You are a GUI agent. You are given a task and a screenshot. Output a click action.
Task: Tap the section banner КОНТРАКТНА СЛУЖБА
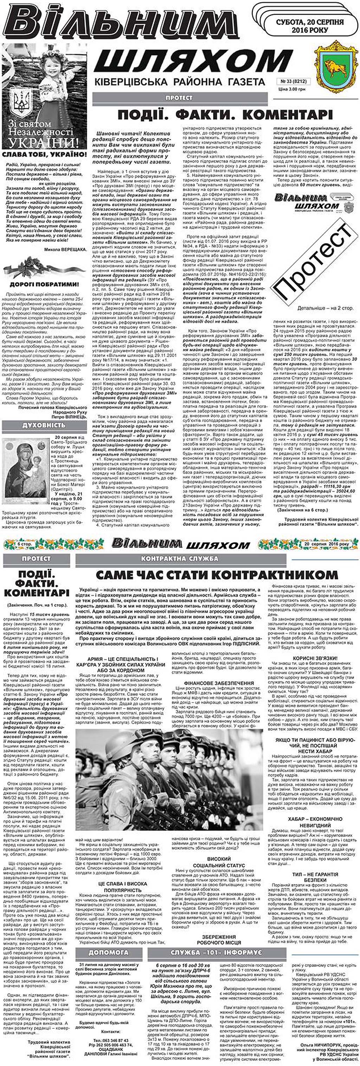click(179, 558)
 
